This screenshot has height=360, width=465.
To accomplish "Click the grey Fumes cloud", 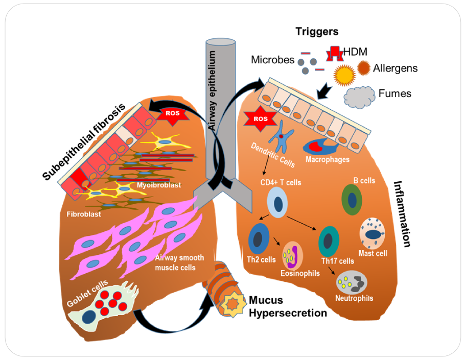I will [x=359, y=95].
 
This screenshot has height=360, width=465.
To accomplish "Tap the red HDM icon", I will [x=334, y=53].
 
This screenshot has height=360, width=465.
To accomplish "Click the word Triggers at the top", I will [x=317, y=32].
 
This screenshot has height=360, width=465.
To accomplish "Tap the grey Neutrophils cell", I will [x=352, y=282].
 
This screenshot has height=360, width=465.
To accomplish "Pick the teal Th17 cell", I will [x=329, y=241].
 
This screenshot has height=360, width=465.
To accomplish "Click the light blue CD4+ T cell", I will [x=278, y=202].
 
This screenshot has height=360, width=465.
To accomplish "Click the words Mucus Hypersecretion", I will [x=287, y=306].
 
